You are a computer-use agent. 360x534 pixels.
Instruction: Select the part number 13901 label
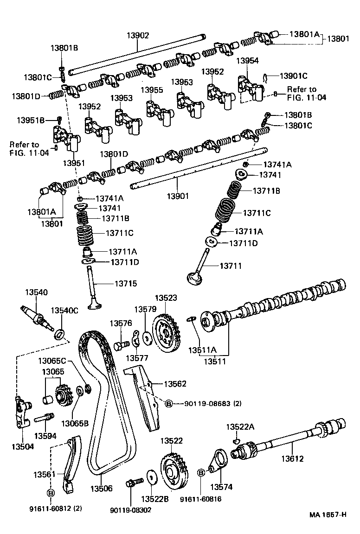tap(178, 196)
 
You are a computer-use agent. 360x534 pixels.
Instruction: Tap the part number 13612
tap(292, 459)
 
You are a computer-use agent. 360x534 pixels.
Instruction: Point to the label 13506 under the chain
tap(101, 488)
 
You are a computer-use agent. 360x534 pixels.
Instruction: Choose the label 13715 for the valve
tap(126, 283)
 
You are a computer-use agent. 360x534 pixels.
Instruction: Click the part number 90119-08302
tap(130, 509)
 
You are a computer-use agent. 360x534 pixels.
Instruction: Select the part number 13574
tap(221, 487)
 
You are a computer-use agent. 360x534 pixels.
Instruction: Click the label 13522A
tap(240, 426)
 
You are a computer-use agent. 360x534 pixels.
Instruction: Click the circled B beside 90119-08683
tap(168, 404)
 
